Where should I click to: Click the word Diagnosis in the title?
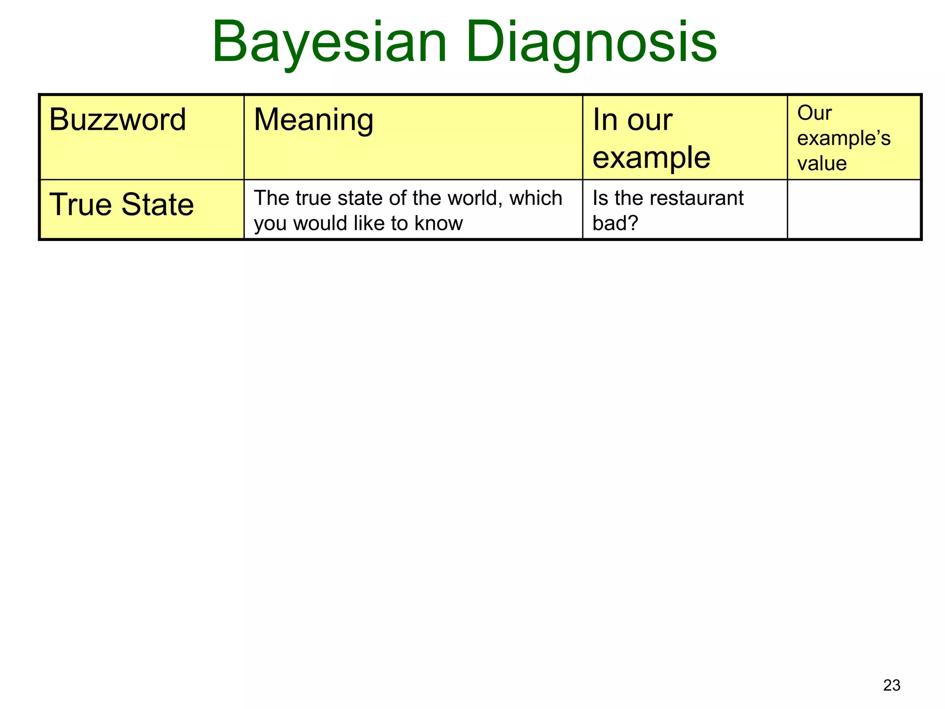coord(591,42)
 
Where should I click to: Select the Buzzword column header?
coord(117,120)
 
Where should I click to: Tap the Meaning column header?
coord(313,120)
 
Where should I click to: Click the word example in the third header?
coord(651,158)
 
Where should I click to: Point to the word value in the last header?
coord(822,163)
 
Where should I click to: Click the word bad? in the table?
coord(615,223)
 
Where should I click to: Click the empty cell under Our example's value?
coord(854,210)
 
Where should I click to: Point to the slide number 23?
coord(891,685)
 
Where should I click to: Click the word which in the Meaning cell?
coord(536,198)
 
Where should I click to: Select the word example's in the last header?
coord(843,138)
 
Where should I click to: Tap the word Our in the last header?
coord(814,113)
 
